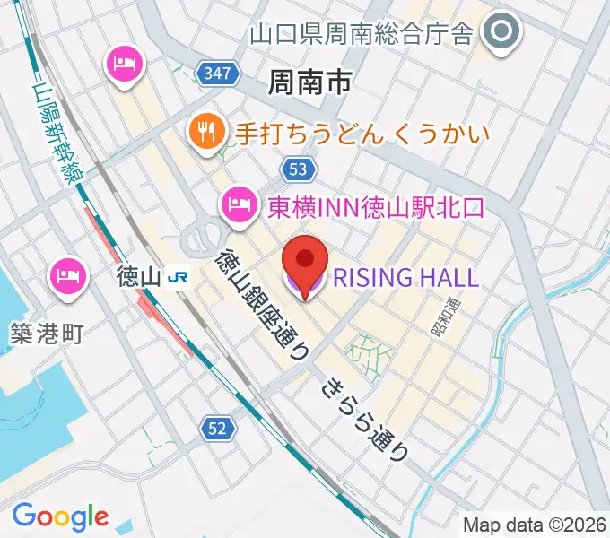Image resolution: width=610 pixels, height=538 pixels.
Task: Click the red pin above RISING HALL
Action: (x=305, y=260)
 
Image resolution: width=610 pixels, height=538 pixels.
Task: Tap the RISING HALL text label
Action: (x=406, y=277)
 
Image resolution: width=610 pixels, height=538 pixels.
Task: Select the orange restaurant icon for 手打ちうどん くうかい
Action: (x=206, y=134)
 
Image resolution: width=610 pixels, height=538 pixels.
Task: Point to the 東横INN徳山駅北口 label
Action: (x=376, y=207)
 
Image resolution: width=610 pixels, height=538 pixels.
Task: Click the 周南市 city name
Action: (x=309, y=83)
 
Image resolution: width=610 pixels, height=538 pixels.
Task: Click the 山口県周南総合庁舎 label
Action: (x=361, y=34)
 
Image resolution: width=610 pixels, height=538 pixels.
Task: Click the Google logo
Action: (x=60, y=516)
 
